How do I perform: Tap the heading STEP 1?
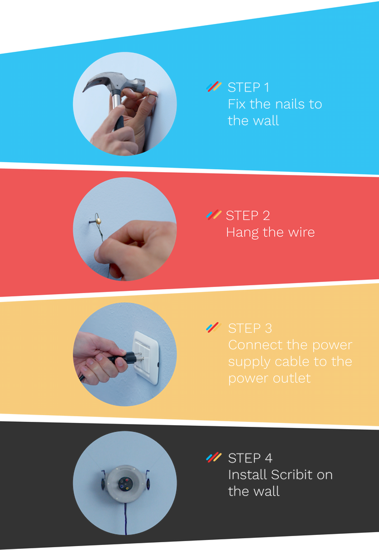(x=249, y=87)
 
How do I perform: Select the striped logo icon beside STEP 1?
(x=213, y=86)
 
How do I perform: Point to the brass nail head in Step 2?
(x=99, y=221)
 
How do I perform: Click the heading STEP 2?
(x=248, y=215)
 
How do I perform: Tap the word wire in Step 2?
(x=301, y=232)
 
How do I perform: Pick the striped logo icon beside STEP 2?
(x=213, y=215)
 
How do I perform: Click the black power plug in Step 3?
(x=122, y=358)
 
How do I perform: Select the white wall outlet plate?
(x=145, y=358)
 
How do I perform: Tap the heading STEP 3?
(x=250, y=328)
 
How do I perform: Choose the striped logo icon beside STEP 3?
(x=213, y=327)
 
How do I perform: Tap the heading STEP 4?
(x=250, y=458)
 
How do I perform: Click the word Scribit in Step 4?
(x=292, y=475)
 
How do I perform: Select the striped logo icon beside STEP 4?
(x=213, y=457)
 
